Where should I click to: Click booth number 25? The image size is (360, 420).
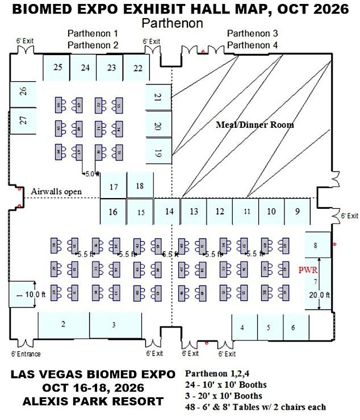[57, 68]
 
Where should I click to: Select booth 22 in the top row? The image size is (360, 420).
[137, 68]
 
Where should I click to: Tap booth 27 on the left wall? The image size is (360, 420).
[23, 120]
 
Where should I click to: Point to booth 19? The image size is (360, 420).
[158, 152]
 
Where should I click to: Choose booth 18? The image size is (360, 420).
[140, 186]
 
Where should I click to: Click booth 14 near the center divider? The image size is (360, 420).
[169, 212]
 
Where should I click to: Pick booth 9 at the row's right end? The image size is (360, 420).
[297, 212]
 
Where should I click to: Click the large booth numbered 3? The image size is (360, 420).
[115, 325]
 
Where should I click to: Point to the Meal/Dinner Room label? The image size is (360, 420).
[255, 124]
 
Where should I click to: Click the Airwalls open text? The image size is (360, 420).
[56, 192]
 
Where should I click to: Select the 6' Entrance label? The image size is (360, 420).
[26, 354]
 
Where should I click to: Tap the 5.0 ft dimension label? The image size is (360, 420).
[91, 174]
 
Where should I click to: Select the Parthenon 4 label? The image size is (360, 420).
[252, 45]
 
